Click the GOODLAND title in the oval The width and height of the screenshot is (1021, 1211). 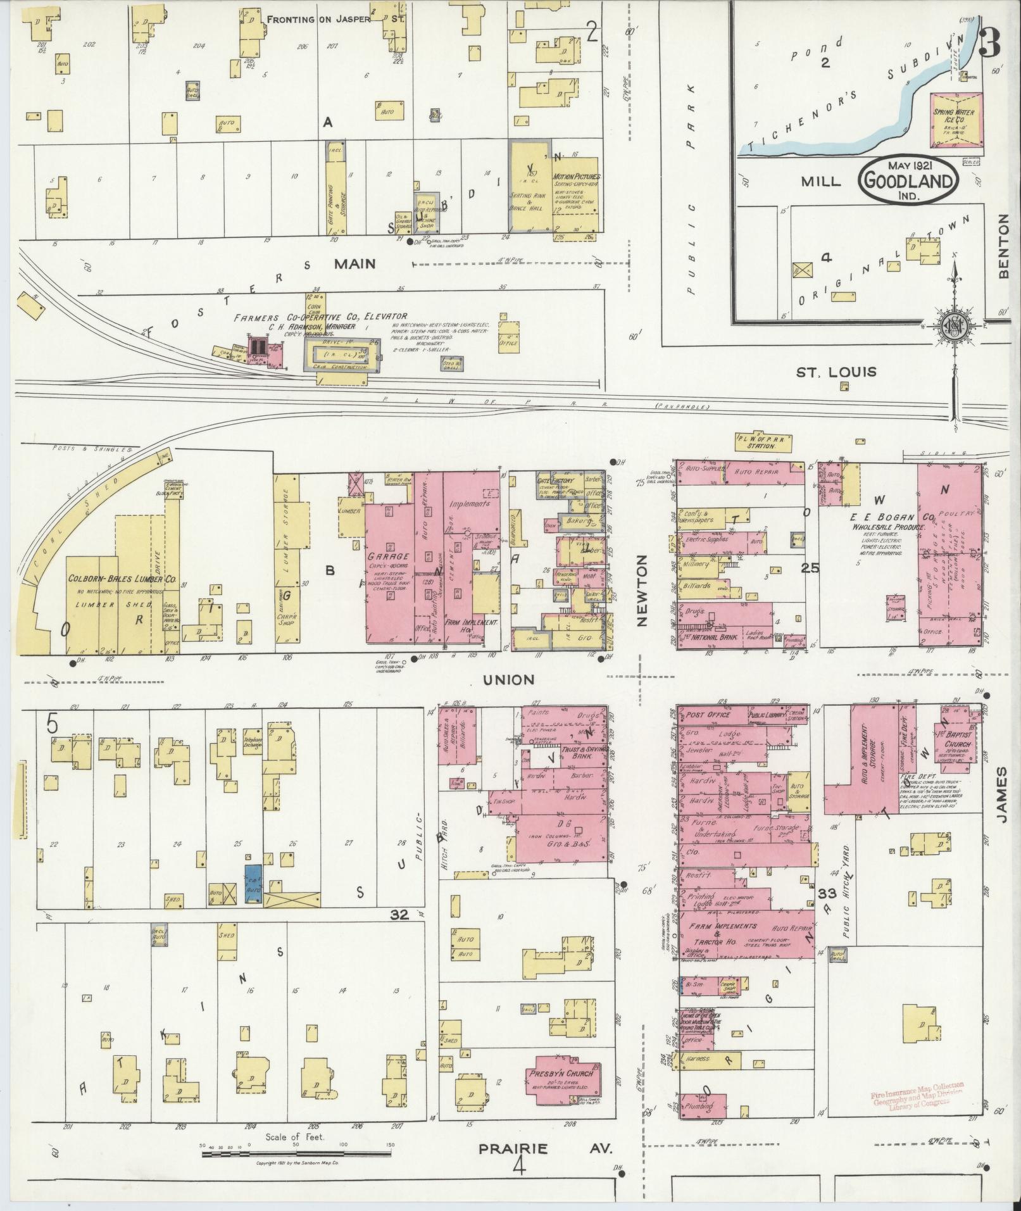[907, 182]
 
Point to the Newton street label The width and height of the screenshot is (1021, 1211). [642, 591]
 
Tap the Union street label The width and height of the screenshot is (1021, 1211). [508, 680]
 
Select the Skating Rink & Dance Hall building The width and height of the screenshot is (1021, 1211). [530, 186]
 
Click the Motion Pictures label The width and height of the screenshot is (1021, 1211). [577, 177]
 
